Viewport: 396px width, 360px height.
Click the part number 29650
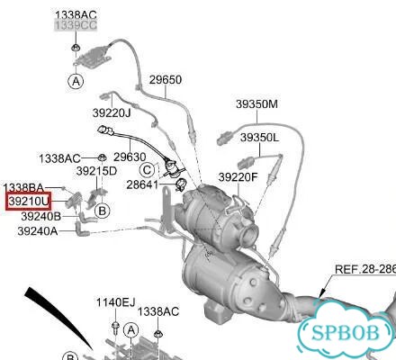pos(166,80)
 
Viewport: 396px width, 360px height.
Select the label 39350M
pos(256,104)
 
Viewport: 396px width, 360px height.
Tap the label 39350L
pos(259,138)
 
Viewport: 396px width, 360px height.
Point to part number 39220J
pos(112,113)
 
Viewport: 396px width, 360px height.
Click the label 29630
pos(130,157)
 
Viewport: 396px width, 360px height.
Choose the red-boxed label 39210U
pos(29,201)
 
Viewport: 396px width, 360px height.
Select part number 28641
pos(142,184)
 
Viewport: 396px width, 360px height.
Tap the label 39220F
pos(238,177)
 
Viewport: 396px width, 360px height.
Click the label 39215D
pos(96,171)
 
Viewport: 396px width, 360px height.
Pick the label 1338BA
pos(23,188)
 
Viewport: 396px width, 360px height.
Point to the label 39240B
pos(41,216)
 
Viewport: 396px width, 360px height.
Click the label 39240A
pos(38,231)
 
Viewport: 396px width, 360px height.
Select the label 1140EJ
pos(115,302)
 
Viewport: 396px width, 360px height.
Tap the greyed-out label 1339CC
pos(76,25)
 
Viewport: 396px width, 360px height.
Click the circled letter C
pos(147,170)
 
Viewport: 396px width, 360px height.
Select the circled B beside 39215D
pos(102,211)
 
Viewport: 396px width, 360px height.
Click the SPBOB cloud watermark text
pos(345,333)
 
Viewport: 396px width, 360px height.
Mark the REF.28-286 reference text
pos(365,269)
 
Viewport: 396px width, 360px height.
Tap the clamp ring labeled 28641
pos(181,185)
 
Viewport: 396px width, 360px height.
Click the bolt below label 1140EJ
pos(115,327)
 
